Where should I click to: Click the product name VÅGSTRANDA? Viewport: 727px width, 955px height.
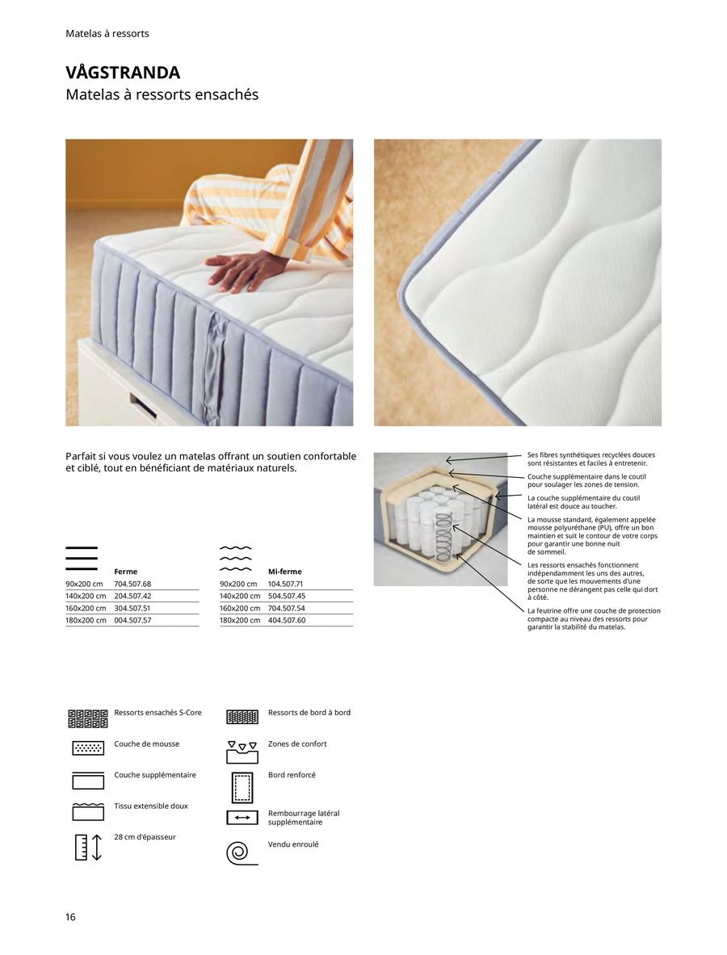tap(123, 73)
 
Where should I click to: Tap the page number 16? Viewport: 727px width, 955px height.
tap(70, 917)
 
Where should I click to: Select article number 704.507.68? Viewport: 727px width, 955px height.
tap(132, 584)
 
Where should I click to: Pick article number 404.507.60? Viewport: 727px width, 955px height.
tap(287, 620)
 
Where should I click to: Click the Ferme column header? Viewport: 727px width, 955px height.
tap(125, 572)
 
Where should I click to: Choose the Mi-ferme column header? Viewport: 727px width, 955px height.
tap(284, 572)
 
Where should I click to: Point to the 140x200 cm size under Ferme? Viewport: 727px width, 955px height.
tap(86, 596)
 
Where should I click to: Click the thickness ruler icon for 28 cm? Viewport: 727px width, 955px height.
tap(88, 846)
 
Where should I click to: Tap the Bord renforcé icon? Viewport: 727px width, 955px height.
tap(242, 786)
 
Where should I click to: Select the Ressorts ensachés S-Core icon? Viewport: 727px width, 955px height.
tap(88, 718)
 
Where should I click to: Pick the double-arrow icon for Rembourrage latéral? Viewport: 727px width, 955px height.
tap(242, 818)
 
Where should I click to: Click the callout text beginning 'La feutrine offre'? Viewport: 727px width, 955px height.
tap(594, 618)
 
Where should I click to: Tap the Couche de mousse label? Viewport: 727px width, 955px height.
tap(147, 743)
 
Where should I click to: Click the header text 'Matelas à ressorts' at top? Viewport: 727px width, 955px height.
tap(107, 34)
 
